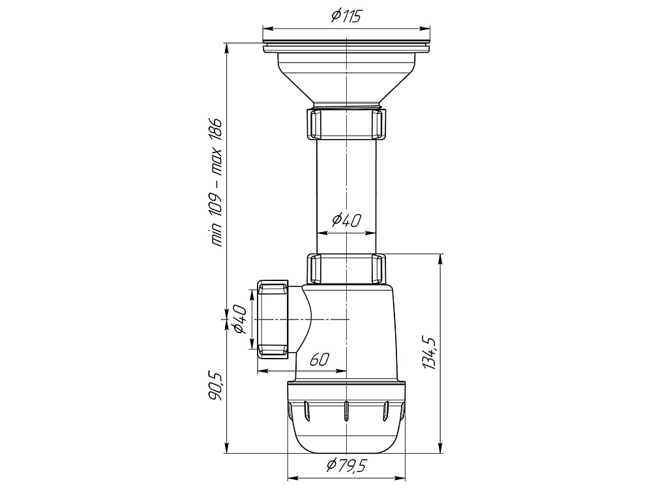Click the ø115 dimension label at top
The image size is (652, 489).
346,18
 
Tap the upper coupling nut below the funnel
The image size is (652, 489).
346,124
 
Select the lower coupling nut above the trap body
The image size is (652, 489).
346,269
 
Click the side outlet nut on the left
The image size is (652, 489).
273,319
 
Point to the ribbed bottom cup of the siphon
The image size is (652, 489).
346,417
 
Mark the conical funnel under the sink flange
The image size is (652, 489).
346,78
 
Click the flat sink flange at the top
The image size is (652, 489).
346,48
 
